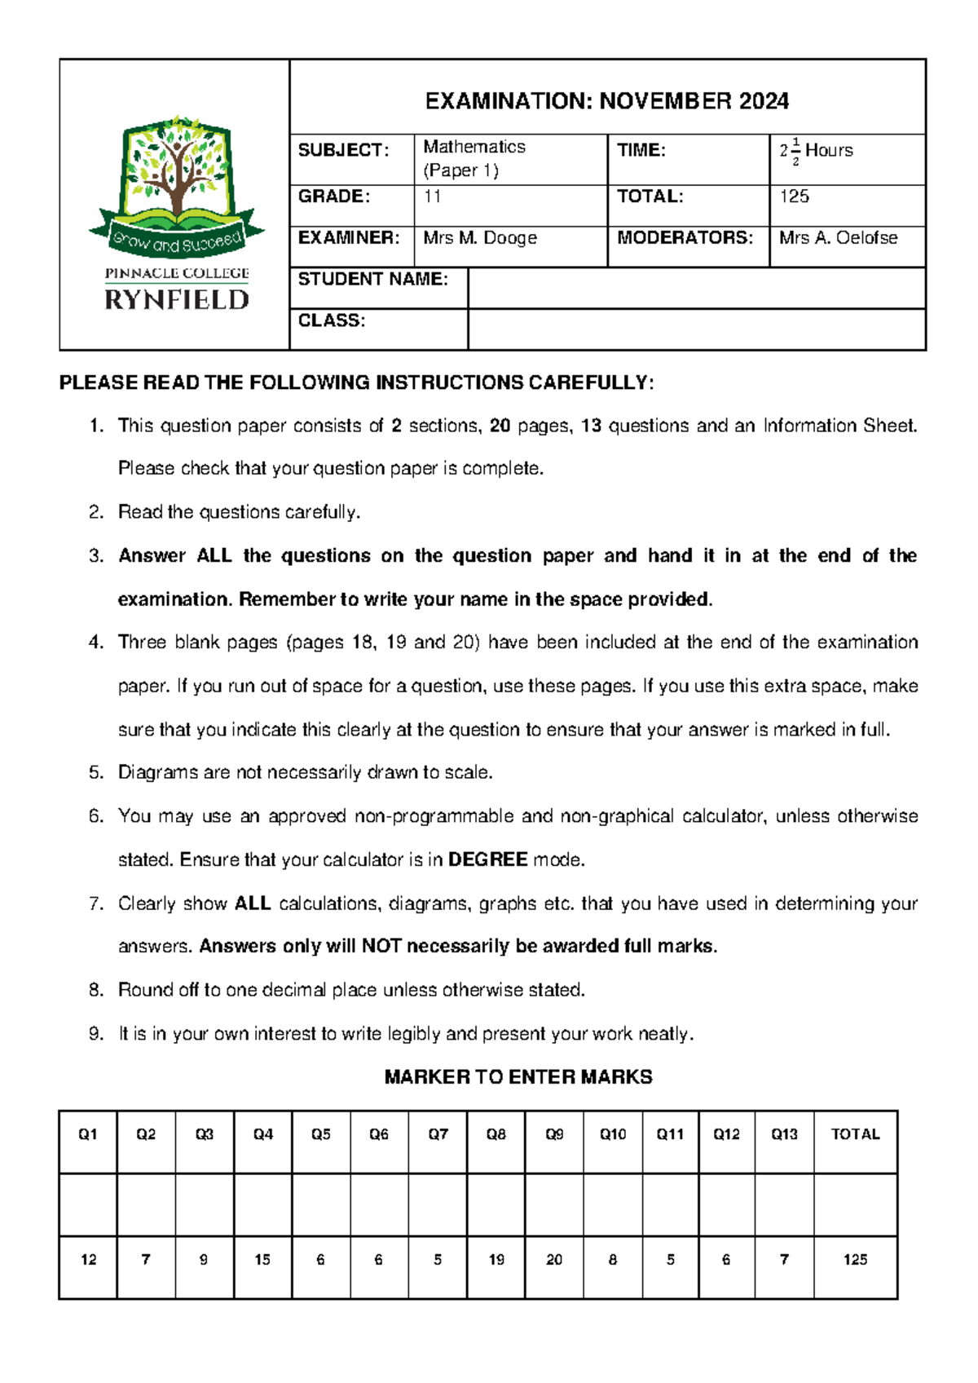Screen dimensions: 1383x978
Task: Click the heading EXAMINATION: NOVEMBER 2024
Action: coord(606,101)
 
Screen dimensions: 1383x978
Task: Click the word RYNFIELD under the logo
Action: coord(177,300)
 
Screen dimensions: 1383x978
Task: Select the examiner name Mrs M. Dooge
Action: coord(480,238)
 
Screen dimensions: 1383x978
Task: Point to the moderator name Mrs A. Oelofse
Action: coord(838,238)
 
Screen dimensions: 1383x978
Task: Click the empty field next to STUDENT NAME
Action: coord(696,288)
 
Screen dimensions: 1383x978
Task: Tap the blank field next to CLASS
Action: coord(696,329)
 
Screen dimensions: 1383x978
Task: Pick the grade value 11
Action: coord(432,197)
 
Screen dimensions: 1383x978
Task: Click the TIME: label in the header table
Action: coord(641,150)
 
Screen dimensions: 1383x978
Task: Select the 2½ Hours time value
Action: coord(817,151)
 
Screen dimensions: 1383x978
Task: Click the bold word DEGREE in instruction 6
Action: coord(487,859)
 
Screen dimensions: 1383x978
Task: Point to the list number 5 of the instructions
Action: coord(96,772)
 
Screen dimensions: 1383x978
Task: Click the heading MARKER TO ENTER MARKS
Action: coord(518,1077)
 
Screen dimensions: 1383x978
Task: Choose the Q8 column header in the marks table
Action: coord(496,1134)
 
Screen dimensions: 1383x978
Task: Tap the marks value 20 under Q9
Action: coord(554,1260)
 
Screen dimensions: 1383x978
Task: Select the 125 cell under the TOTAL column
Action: coord(855,1260)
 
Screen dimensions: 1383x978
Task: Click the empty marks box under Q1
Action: coord(88,1204)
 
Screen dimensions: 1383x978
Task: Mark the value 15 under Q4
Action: coord(262,1260)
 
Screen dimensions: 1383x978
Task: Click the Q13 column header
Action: coord(784,1134)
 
